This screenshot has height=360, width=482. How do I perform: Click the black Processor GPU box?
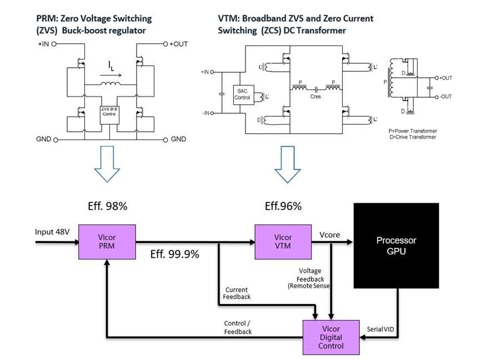(396, 246)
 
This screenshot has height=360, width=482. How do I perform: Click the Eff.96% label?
(283, 206)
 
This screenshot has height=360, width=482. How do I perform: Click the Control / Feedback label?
(238, 327)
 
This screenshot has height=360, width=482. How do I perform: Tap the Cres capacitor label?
(315, 96)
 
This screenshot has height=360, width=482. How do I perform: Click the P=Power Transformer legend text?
(413, 131)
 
